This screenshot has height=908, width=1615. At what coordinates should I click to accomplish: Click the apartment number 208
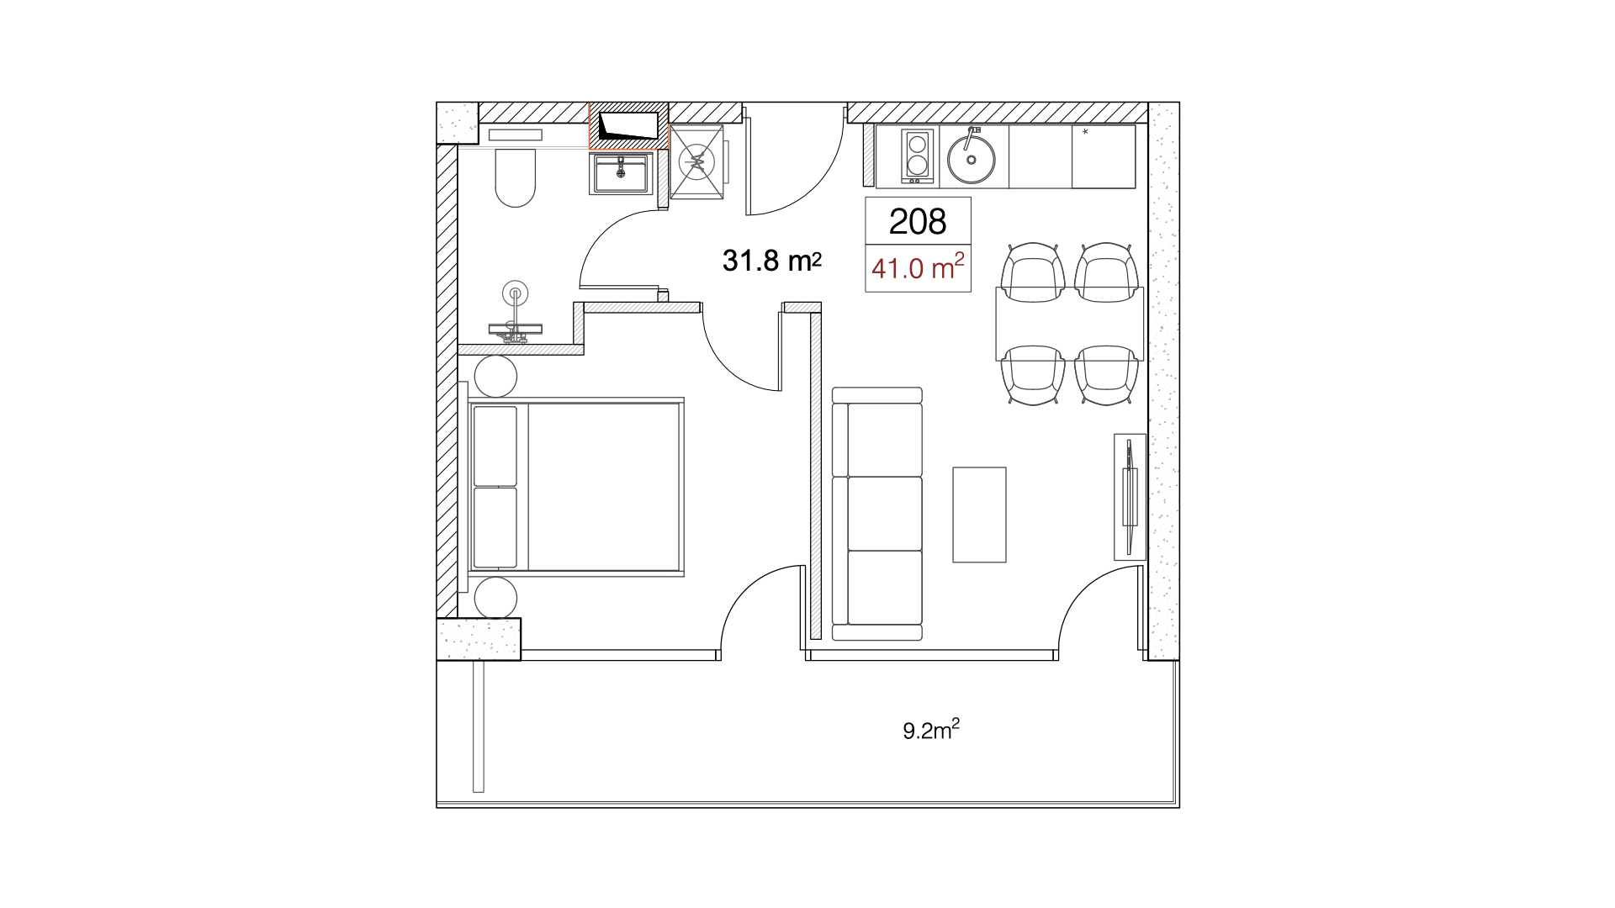coord(918,221)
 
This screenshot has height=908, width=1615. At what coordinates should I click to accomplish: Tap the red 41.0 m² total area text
coord(918,267)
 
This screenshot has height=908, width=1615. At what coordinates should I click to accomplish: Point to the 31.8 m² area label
coord(771,261)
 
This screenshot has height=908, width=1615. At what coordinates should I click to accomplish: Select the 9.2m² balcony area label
coord(931,729)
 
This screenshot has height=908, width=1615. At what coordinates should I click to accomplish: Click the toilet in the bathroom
coord(515,177)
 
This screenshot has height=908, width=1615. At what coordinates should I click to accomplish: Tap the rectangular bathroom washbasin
coord(621,174)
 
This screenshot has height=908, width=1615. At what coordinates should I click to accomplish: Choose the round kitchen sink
coord(972,159)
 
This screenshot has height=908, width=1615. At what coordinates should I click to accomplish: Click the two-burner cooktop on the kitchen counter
coord(917,156)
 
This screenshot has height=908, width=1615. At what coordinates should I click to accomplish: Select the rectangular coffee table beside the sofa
coord(979,515)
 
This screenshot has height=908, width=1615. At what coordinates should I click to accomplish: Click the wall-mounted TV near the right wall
coord(1130,497)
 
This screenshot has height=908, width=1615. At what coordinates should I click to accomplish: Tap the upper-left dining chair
coord(1033,272)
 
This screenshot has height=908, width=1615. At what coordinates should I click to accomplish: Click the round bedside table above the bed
coord(495,376)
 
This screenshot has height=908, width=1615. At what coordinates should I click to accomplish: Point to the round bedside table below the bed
coord(495,599)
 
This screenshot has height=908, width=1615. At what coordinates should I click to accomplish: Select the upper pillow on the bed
coord(495,446)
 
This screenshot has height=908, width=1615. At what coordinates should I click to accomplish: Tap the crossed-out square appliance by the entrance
coord(696,161)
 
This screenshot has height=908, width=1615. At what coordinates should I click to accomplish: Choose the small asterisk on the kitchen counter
coord(1085,132)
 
